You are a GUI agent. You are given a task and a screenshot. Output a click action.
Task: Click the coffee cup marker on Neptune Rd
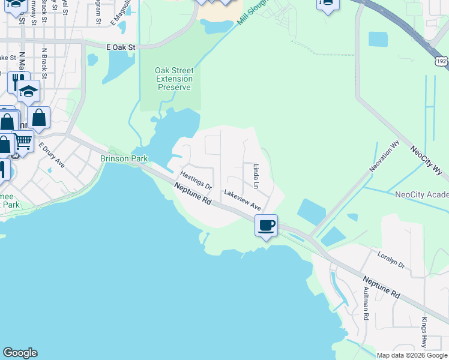[x=267, y=226]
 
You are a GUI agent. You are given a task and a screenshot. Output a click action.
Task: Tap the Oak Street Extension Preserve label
[x=174, y=79]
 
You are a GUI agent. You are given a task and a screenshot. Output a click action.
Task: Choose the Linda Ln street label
[x=256, y=177]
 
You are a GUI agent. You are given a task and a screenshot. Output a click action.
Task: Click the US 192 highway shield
[x=441, y=61]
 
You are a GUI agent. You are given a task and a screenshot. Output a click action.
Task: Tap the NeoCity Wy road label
[x=429, y=163]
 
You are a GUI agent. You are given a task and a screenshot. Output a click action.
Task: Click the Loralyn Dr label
[x=391, y=260]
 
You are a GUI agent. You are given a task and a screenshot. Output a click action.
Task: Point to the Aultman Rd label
[x=366, y=304]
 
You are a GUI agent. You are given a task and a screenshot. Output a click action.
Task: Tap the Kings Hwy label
[x=424, y=331]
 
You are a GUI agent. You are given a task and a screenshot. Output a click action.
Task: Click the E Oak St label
[x=121, y=46]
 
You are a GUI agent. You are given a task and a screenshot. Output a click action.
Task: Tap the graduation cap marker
[x=28, y=91]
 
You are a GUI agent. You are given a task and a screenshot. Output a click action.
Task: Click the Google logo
[x=20, y=353]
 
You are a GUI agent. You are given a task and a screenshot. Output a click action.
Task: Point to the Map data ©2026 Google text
[x=411, y=355]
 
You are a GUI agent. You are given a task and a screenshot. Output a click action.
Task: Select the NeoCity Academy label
[x=421, y=194]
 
